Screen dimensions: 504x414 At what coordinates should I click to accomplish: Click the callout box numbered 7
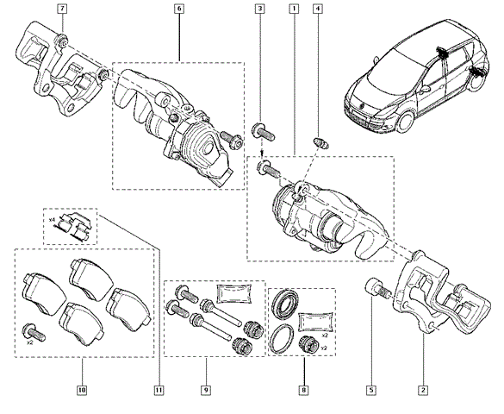62,9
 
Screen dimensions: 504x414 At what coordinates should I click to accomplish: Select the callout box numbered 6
179,9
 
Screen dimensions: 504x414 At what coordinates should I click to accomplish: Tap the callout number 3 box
260,9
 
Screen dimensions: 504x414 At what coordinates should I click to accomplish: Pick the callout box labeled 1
294,9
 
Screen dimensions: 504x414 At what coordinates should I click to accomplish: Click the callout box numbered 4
317,9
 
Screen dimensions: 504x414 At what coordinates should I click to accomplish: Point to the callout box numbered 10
82,390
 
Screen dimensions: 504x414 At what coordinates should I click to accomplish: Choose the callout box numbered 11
159,390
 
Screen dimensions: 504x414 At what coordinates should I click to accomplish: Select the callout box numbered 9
206,390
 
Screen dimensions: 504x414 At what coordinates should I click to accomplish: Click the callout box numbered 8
304,390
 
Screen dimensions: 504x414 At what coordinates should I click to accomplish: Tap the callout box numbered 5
371,390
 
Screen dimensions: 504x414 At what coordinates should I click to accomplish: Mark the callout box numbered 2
423,390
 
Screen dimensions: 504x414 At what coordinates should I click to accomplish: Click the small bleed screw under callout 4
320,143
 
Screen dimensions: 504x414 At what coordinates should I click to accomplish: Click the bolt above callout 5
378,288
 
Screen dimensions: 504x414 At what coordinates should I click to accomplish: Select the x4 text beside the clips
52,220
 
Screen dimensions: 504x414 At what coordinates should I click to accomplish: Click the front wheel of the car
405,122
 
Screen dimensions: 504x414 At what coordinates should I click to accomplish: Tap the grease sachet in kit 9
233,293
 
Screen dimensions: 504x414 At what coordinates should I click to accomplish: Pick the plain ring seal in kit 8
282,339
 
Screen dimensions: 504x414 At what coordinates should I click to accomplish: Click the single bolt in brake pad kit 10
34,332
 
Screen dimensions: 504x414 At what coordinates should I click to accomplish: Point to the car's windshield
395,65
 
